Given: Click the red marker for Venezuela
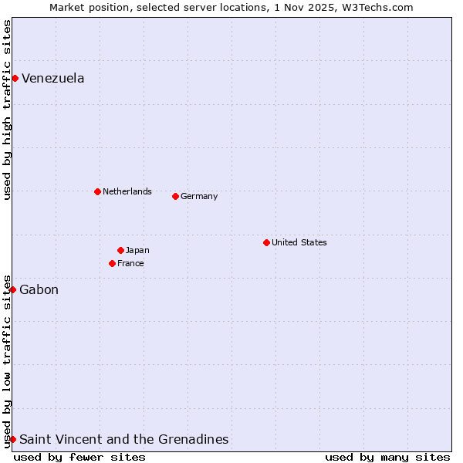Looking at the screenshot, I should pyautogui.click(x=15, y=78).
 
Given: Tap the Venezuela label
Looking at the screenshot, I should pyautogui.click(x=53, y=78).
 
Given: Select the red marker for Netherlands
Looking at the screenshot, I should pyautogui.click(x=97, y=191).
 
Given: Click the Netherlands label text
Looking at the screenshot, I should pyautogui.click(x=127, y=191).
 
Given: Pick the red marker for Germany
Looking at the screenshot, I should pyautogui.click(x=175, y=196).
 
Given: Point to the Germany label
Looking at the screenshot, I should pyautogui.click(x=199, y=196).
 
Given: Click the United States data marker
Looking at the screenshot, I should pyautogui.click(x=266, y=242).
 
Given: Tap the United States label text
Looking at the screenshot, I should pyautogui.click(x=299, y=242).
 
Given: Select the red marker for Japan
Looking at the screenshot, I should pyautogui.click(x=120, y=250).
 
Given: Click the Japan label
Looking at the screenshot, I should pyautogui.click(x=137, y=250).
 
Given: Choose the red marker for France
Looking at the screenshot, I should pyautogui.click(x=112, y=263).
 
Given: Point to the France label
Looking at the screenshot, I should pyautogui.click(x=130, y=263).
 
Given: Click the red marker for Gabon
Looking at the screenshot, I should pyautogui.click(x=12, y=289).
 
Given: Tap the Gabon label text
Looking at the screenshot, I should pyautogui.click(x=39, y=289).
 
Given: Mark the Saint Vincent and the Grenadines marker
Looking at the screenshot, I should pyautogui.click(x=12, y=439).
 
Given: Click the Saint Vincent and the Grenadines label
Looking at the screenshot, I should pyautogui.click(x=124, y=439).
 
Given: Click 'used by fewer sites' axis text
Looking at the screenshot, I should pyautogui.click(x=79, y=457).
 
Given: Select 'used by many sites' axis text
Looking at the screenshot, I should pyautogui.click(x=387, y=457).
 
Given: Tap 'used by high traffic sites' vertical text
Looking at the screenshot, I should pyautogui.click(x=7, y=110).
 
